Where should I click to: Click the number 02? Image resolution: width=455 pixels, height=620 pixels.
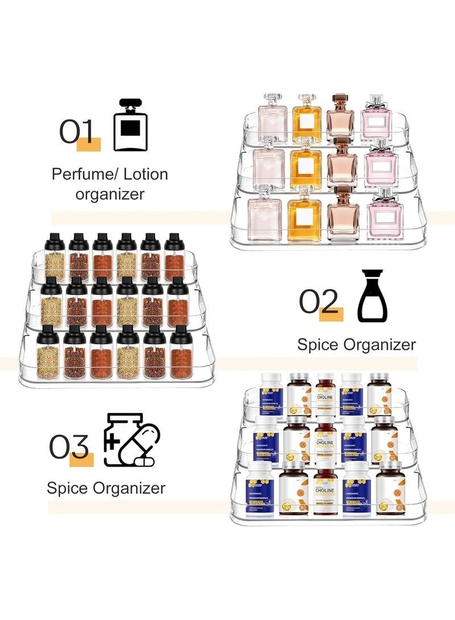click(320, 301)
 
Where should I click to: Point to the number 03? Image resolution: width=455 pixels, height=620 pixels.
click(69, 448)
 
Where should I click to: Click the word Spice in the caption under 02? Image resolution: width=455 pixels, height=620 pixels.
click(317, 344)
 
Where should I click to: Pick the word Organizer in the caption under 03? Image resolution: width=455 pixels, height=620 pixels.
click(128, 488)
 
